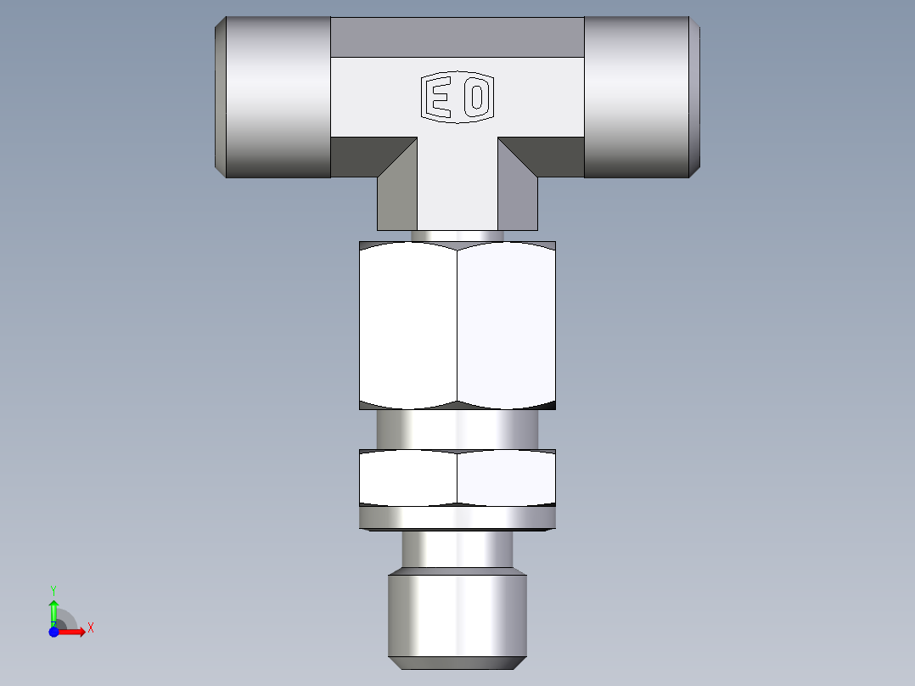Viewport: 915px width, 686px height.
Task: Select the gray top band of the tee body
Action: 457,37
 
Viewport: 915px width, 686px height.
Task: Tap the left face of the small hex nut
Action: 408,477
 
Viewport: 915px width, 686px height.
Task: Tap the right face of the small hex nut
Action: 507,477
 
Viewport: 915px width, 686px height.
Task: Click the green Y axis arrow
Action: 53,608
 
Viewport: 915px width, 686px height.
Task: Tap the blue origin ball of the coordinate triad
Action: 53,632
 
